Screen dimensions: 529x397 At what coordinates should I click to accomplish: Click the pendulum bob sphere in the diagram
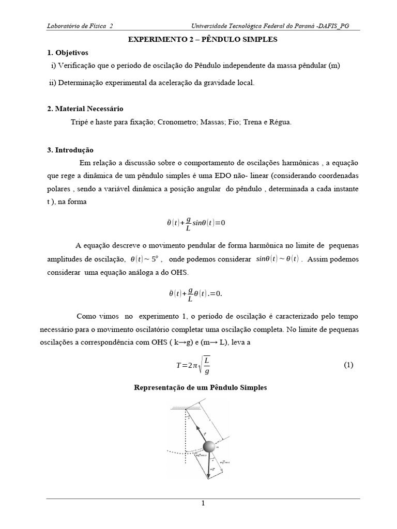tap(209, 446)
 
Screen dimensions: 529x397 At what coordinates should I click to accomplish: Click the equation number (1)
tap(348, 365)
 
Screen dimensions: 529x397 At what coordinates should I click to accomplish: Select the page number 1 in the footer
tap(203, 504)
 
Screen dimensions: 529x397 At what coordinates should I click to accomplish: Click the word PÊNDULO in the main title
tap(215, 40)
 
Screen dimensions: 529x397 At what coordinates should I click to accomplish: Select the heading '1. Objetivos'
tap(68, 53)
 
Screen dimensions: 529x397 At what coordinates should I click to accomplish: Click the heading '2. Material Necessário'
tap(85, 108)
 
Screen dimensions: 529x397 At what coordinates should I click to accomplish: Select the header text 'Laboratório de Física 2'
tap(80, 26)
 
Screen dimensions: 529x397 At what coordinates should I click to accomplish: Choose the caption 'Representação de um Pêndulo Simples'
tap(200, 387)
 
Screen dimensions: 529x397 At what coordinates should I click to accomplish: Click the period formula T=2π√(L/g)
tap(193, 364)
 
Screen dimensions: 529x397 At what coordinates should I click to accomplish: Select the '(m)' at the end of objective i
tap(334, 66)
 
